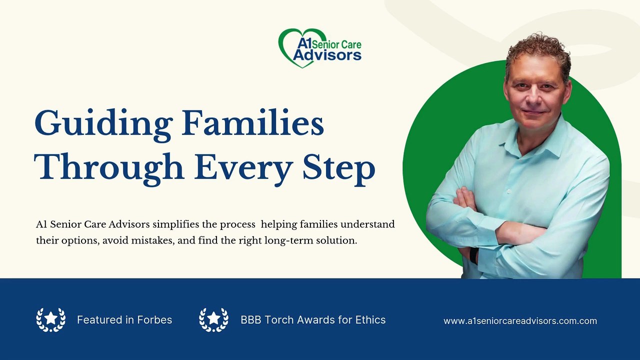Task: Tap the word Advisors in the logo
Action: (x=327, y=55)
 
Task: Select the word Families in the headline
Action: (x=253, y=122)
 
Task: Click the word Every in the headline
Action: (x=243, y=170)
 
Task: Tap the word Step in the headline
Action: (x=338, y=170)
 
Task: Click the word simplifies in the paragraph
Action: (x=175, y=225)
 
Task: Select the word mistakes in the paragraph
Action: (x=152, y=241)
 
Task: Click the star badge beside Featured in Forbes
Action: (x=51, y=319)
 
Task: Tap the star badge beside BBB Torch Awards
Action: (x=213, y=319)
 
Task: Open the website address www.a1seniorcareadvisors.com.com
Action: (x=520, y=321)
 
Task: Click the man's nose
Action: (x=532, y=95)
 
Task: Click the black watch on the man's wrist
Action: (x=473, y=255)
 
